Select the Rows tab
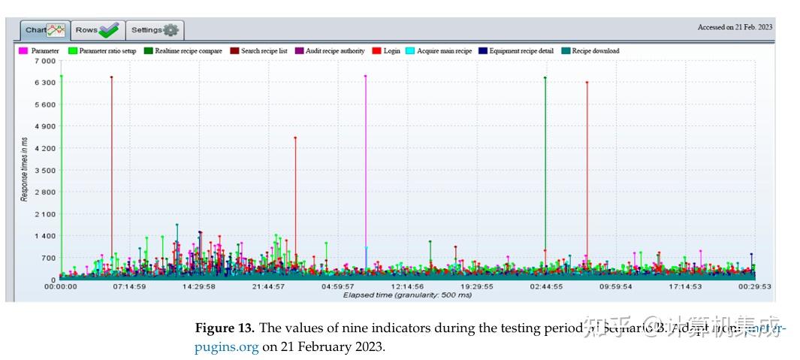click(x=97, y=30)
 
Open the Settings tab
click(x=154, y=30)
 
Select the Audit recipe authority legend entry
click(x=330, y=51)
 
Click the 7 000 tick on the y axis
click(x=44, y=61)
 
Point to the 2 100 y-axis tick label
click(x=44, y=214)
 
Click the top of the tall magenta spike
click(x=365, y=76)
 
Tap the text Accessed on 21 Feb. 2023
click(x=734, y=27)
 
